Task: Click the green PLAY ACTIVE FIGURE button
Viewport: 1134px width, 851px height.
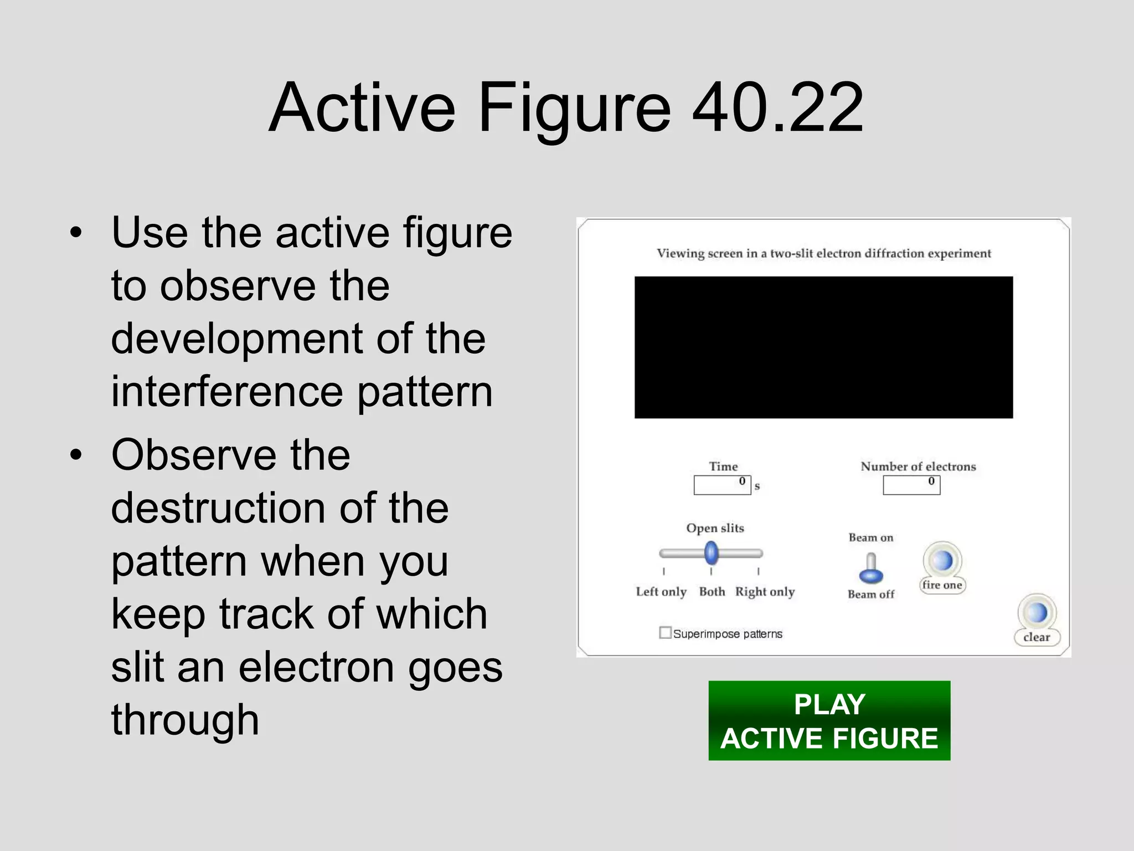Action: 829,720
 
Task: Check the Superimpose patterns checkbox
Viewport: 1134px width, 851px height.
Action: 665,633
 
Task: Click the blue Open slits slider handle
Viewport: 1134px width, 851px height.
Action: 712,553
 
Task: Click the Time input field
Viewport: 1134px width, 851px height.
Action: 722,485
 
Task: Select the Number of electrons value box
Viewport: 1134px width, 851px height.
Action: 911,485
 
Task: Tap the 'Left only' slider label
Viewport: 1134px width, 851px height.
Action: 661,592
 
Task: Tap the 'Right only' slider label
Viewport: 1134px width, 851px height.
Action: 765,592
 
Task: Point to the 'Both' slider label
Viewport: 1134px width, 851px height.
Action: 712,592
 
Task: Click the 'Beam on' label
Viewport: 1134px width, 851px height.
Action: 870,537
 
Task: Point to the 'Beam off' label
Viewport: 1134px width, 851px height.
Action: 870,594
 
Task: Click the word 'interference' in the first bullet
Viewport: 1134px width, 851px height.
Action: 228,392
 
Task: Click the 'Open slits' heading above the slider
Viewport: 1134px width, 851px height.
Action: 715,528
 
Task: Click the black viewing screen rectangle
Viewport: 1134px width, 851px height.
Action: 823,347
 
